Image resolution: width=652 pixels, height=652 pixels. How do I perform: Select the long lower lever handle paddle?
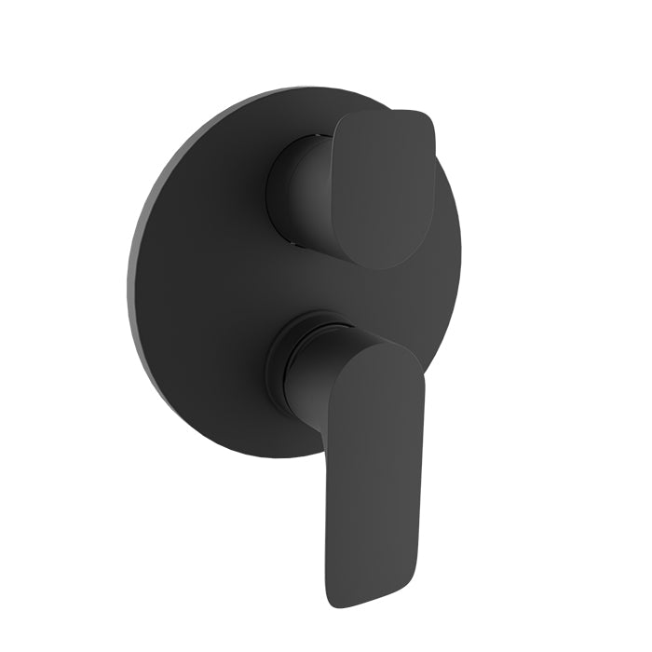click(x=373, y=466)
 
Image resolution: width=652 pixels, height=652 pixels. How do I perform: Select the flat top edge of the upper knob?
click(x=387, y=114)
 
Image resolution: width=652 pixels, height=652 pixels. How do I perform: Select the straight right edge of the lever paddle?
click(x=424, y=447)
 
